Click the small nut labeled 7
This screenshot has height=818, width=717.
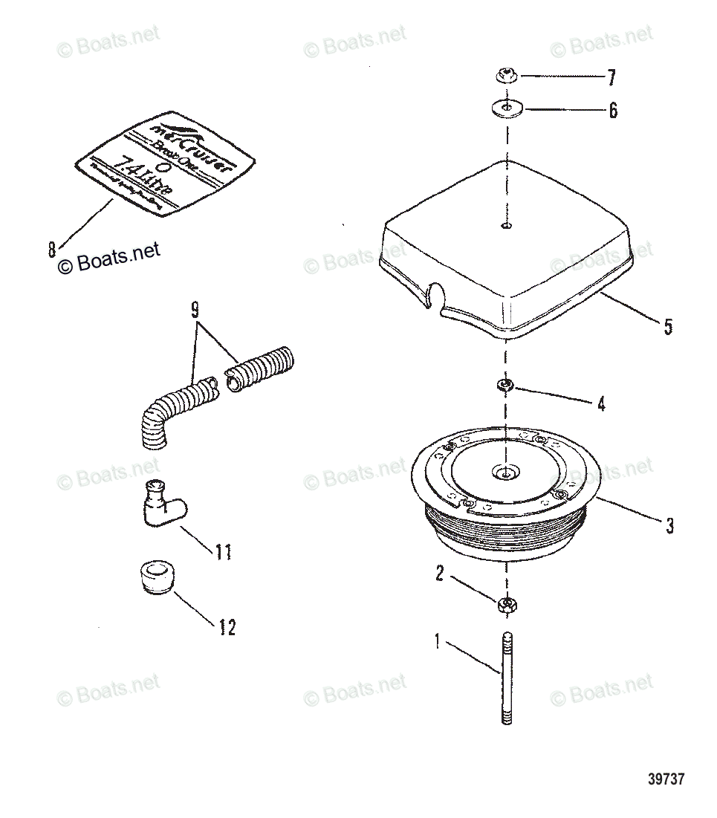tap(505, 75)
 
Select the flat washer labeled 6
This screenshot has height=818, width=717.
tap(506, 110)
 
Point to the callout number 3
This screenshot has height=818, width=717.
tap(669, 526)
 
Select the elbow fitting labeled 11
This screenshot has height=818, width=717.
tap(159, 507)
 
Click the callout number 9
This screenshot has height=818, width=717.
tap(195, 311)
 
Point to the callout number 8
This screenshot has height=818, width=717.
tap(52, 249)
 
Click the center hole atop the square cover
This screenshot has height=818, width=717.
tap(505, 226)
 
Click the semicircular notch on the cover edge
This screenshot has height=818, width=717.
tap(433, 295)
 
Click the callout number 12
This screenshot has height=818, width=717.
tap(227, 628)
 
